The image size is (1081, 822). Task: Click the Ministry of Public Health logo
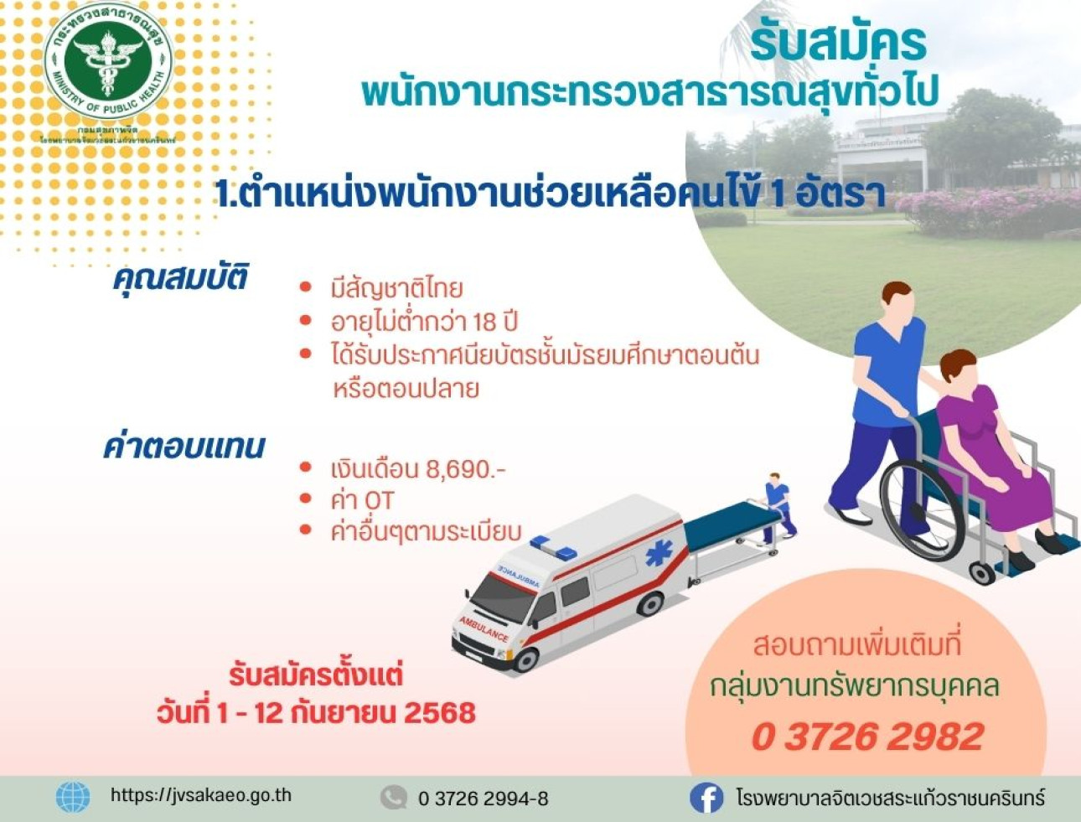coord(108,64)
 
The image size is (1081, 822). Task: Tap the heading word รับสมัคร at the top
coord(837,43)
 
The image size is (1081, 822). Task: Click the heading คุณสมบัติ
coord(180,277)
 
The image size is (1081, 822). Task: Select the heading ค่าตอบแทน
coord(184,447)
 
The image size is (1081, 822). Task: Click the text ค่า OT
coord(362,500)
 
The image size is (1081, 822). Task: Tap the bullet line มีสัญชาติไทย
coord(396,289)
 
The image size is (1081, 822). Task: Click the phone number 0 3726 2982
coord(867,737)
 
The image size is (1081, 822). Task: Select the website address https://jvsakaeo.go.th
coord(201,795)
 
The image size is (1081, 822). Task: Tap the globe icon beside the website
coord(74,796)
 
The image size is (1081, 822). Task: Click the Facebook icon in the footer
coord(706,798)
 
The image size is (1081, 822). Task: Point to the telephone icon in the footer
coord(393,798)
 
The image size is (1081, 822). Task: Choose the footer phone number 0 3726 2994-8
coord(483,799)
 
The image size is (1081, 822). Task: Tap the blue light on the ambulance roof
coord(554,547)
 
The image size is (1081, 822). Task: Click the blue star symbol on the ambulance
coord(659,554)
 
